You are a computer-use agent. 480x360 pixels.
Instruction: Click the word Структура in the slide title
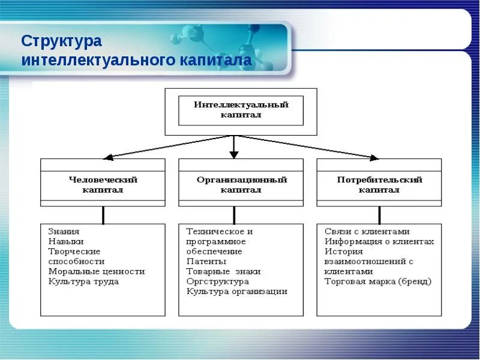pos(62,41)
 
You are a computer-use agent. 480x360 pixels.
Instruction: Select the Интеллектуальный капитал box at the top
pos(241,110)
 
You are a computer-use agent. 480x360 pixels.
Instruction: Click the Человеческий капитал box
pos(103,185)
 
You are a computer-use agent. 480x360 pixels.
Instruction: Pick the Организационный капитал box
pos(241,185)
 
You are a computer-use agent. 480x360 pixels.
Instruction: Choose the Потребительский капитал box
pos(379,185)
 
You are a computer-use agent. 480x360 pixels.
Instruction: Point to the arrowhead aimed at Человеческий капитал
pos(108,158)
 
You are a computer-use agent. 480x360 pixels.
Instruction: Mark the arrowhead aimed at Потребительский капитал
pos(374,158)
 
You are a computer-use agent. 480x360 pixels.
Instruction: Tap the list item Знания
pos(64,232)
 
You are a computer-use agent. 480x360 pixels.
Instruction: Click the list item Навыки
pos(65,242)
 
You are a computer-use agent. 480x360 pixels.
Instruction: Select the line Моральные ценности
pos(97,271)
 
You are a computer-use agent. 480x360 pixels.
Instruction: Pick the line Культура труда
pos(83,281)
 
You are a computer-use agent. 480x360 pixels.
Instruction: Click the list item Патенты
pos(206,262)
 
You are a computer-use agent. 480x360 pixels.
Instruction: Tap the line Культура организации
pos(236,292)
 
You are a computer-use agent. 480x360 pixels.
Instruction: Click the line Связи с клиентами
pos(367,232)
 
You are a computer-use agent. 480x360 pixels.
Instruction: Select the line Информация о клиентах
pos(379,242)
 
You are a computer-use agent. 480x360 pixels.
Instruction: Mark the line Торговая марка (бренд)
pos(377,281)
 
